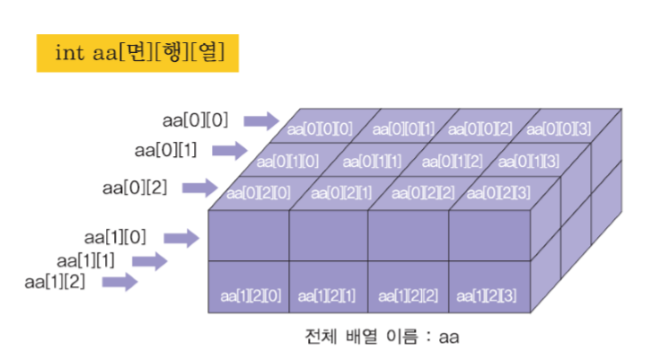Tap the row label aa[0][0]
(195, 119)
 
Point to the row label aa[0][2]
(134, 188)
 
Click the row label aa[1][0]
(115, 237)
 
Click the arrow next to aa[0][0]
(260, 119)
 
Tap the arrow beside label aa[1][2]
(119, 283)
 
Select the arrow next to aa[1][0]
(181, 238)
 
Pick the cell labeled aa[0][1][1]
(369, 161)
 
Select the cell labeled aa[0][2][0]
(259, 192)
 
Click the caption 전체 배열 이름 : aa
(383, 338)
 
